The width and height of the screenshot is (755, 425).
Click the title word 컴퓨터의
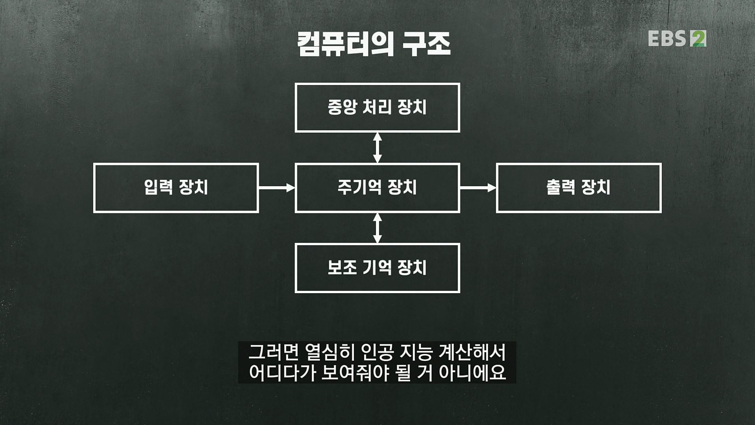click(345, 44)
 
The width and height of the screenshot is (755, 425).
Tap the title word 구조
click(426, 44)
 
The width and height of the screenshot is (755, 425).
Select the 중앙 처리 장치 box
click(377, 107)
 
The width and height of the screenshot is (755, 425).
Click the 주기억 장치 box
click(377, 188)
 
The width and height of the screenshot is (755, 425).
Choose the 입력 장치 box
click(176, 188)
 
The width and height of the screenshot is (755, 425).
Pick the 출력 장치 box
click(578, 188)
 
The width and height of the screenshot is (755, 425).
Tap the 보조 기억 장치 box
click(377, 268)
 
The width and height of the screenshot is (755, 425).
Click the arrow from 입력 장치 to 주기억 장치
click(276, 188)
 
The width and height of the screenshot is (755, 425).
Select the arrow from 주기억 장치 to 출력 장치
click(478, 188)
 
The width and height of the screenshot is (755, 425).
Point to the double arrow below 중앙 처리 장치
click(377, 148)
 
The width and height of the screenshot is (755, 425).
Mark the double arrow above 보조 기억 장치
click(377, 228)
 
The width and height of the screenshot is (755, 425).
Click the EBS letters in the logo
click(667, 39)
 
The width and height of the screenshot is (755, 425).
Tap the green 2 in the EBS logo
click(698, 39)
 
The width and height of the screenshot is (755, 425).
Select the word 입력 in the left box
click(158, 188)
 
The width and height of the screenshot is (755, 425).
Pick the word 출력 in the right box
click(561, 188)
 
